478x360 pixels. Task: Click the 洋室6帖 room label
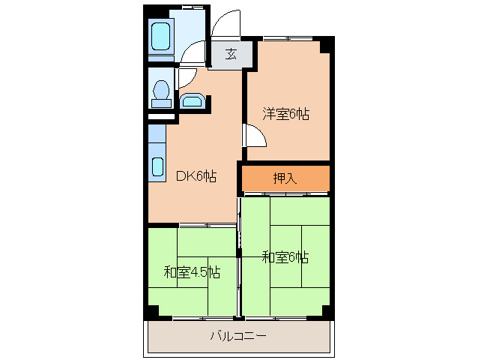[285, 115]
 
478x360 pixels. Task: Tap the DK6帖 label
[196, 177]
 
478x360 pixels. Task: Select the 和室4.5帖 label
[192, 272]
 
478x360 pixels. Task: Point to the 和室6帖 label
[285, 257]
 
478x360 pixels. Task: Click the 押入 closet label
[285, 178]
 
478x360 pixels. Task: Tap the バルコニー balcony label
[238, 336]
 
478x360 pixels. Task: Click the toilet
[159, 91]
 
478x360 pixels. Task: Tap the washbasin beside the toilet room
[192, 100]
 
